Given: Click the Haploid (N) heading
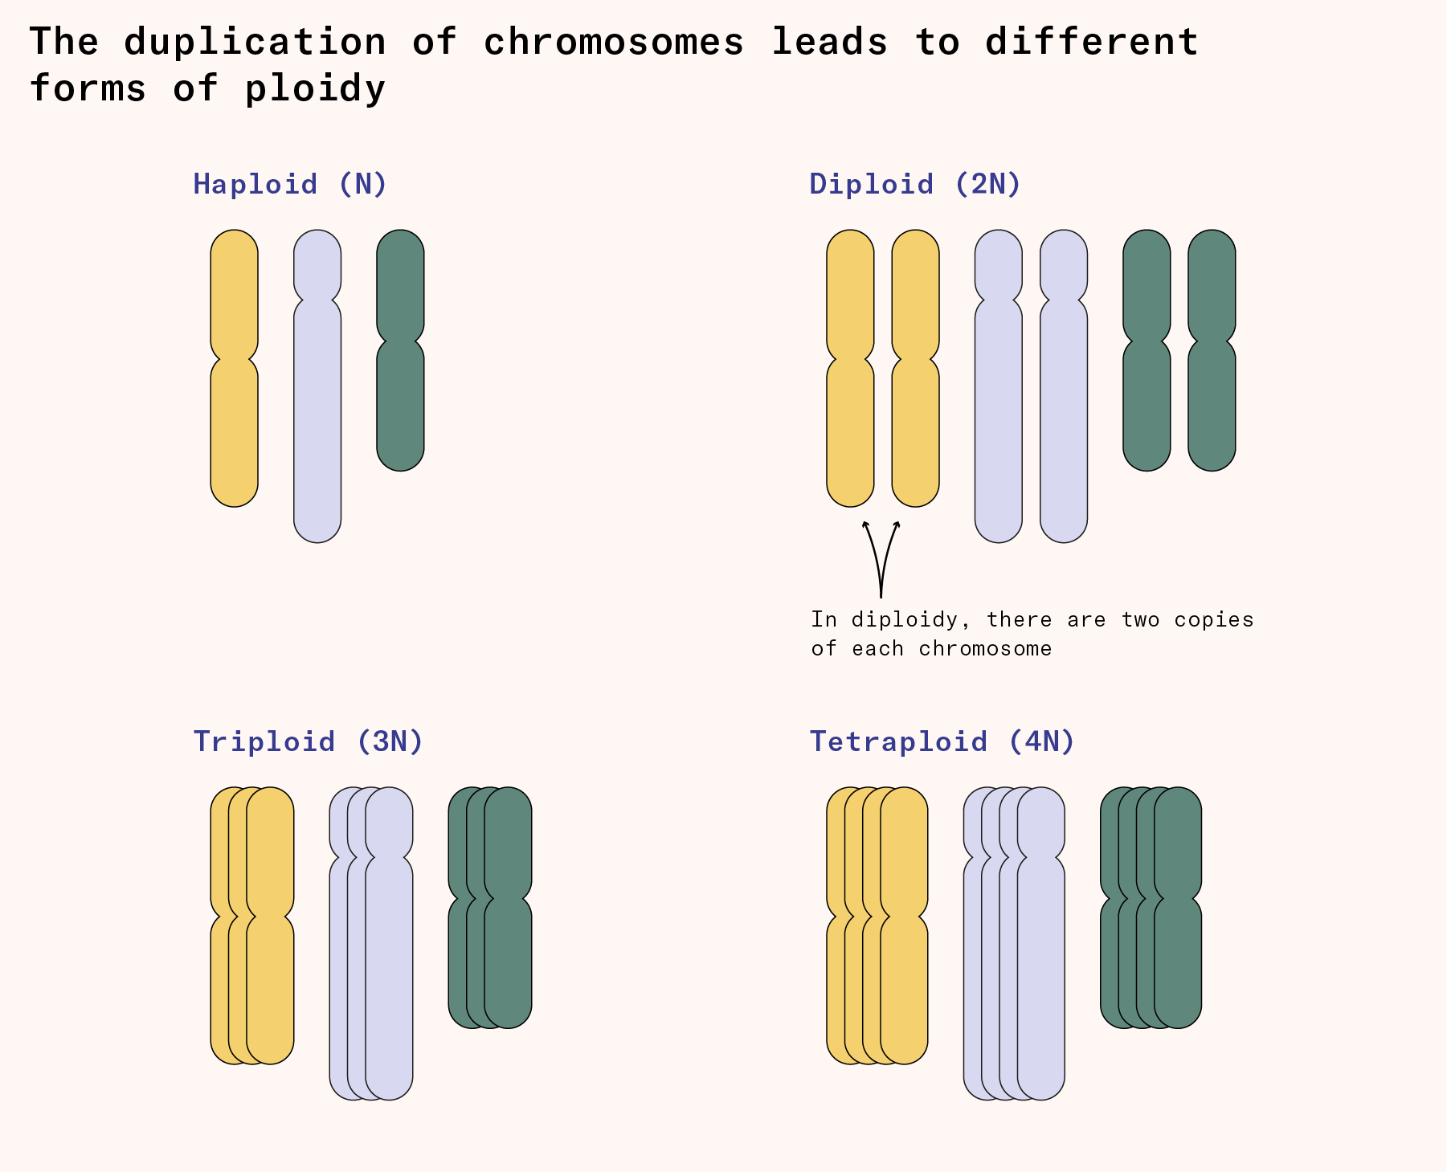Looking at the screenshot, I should pyautogui.click(x=290, y=184).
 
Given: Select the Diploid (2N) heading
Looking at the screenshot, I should pyautogui.click(x=915, y=184).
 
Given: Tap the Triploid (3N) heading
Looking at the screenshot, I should pyautogui.click(x=308, y=741).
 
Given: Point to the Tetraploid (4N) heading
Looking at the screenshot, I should pyautogui.click(x=942, y=741).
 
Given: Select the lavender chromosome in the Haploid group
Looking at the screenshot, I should pyautogui.click(x=317, y=418).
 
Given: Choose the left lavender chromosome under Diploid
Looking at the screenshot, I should pyautogui.click(x=999, y=418).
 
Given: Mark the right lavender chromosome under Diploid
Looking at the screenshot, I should pyautogui.click(x=1064, y=418).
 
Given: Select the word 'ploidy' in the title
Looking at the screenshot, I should pyautogui.click(x=315, y=88).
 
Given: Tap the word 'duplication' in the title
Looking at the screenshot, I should pyautogui.click(x=255, y=42).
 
